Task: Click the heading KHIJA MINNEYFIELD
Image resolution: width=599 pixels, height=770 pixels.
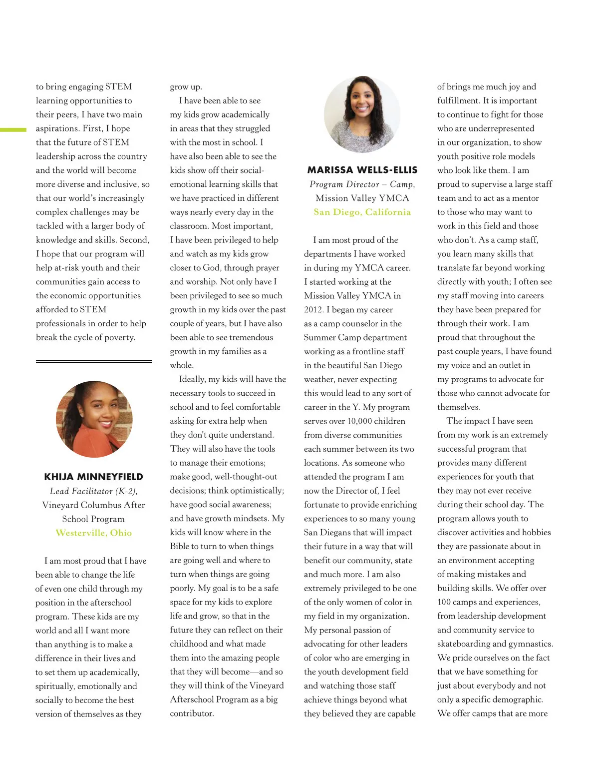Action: click(93, 477)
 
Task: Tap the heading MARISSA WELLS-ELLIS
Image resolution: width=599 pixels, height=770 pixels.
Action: click(362, 170)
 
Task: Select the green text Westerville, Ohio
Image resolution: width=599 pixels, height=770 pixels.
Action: click(93, 533)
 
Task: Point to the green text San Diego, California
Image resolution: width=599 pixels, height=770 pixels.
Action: click(362, 212)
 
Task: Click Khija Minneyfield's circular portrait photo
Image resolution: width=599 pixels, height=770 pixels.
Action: click(94, 419)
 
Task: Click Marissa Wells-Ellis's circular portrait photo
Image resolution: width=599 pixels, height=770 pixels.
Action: click(362, 114)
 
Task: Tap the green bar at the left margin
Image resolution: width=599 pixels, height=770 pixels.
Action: click(13, 130)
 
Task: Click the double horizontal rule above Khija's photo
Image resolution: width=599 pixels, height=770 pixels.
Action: click(94, 361)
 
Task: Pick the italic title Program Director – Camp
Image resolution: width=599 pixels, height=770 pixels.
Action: click(362, 184)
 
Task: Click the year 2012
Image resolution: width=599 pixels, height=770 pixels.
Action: click(313, 310)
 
